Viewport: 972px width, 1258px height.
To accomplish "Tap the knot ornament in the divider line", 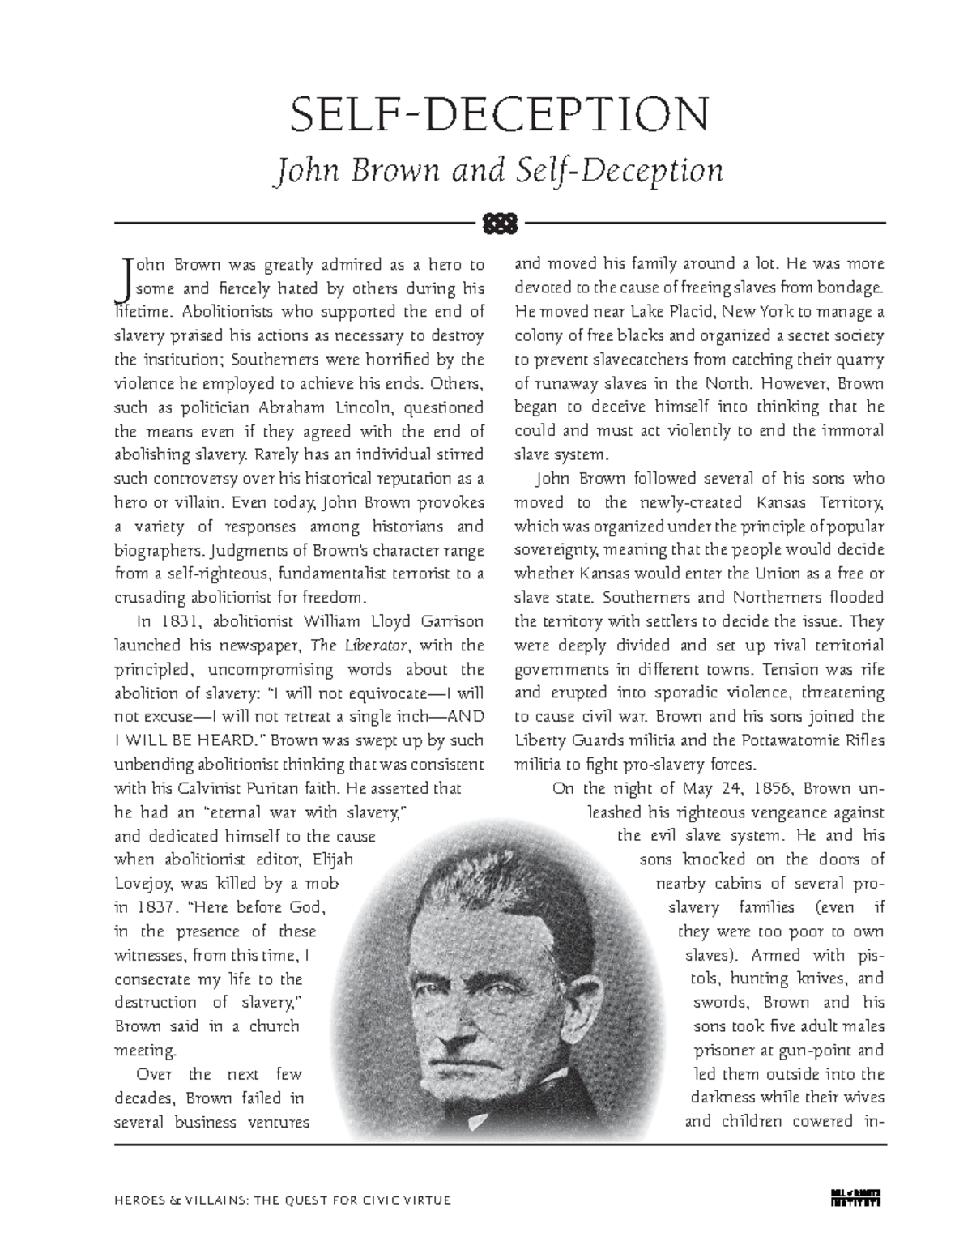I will point(501,222).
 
